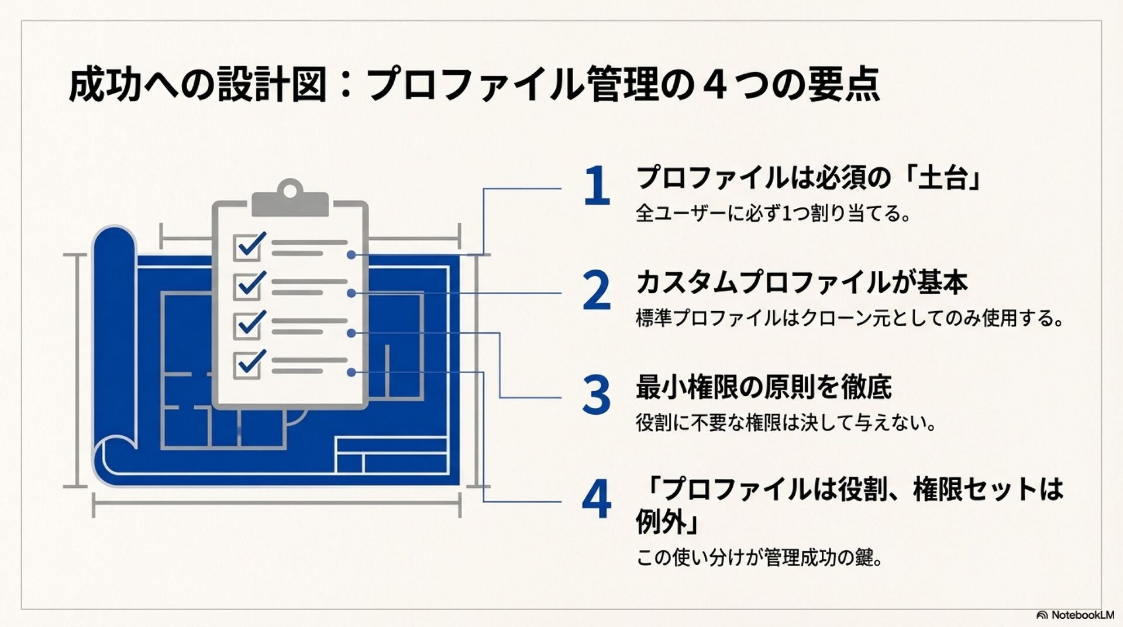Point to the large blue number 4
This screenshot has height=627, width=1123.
[x=597, y=500]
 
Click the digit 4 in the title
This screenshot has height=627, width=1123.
[x=715, y=85]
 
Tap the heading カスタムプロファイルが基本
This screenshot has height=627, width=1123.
[x=802, y=283]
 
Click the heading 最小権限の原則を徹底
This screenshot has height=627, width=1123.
[x=764, y=387]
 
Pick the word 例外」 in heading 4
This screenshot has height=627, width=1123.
[x=667, y=523]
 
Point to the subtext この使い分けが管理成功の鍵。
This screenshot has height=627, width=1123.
[x=759, y=557]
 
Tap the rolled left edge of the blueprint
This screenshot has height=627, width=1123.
[x=114, y=351]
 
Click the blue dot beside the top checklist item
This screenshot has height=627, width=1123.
[x=351, y=255]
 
